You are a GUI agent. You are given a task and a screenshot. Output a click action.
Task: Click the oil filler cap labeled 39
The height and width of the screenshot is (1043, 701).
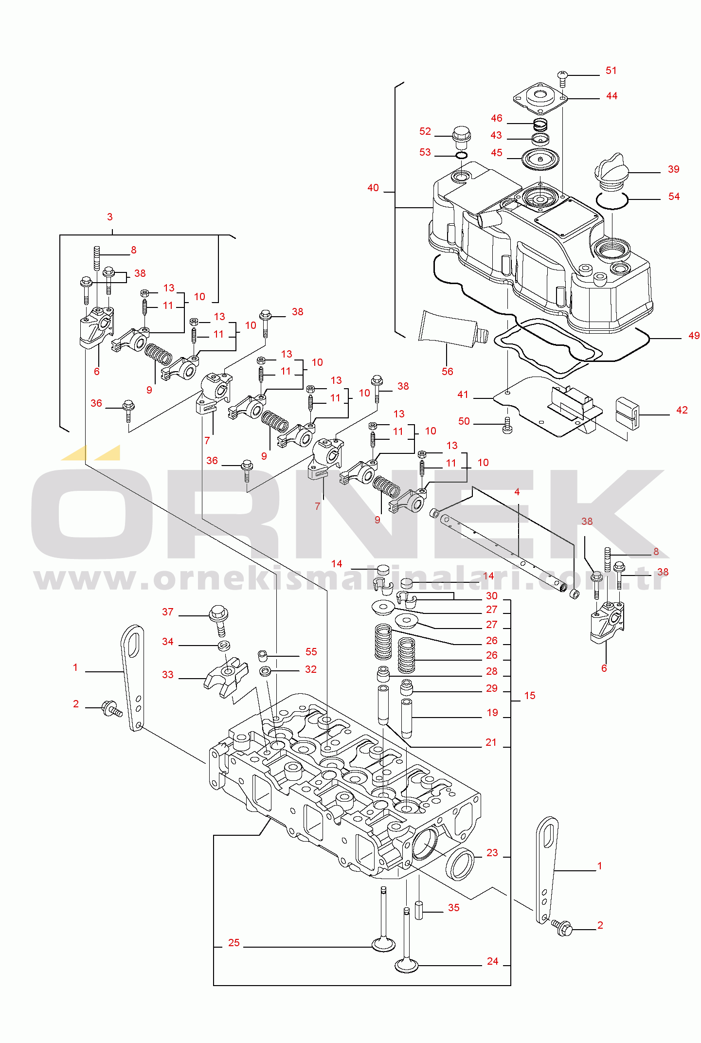pyautogui.click(x=611, y=173)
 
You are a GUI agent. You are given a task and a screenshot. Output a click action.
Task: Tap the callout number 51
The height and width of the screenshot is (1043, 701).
pyautogui.click(x=611, y=71)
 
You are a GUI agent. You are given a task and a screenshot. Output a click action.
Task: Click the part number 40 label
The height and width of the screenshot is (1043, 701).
pyautogui.click(x=373, y=188)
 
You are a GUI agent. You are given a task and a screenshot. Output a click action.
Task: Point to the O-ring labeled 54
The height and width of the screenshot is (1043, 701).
pyautogui.click(x=612, y=200)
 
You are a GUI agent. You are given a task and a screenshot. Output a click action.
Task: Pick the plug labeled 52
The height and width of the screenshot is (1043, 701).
pyautogui.click(x=462, y=138)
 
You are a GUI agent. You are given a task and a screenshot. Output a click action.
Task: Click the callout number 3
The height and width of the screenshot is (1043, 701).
pyautogui.click(x=110, y=217)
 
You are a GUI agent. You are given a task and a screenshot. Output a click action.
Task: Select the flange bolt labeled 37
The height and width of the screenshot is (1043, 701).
pyautogui.click(x=219, y=620)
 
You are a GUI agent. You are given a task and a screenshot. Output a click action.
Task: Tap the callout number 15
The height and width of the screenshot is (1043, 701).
pyautogui.click(x=530, y=696)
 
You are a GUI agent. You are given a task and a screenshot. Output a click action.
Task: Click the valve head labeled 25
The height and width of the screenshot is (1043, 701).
pyautogui.click(x=383, y=944)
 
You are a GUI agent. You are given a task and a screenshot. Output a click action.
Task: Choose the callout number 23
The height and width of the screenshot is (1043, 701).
pyautogui.click(x=492, y=853)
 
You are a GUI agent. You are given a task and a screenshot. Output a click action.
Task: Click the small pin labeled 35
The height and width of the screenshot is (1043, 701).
pyautogui.click(x=419, y=910)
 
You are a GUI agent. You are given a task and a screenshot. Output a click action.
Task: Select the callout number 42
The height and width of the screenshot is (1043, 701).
pyautogui.click(x=682, y=410)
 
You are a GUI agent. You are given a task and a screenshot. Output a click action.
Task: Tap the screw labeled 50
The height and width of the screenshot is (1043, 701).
pyautogui.click(x=507, y=425)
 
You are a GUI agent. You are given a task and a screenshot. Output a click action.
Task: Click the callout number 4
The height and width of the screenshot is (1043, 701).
pyautogui.click(x=517, y=492)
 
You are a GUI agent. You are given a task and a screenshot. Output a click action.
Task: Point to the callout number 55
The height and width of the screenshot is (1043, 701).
pyautogui.click(x=311, y=652)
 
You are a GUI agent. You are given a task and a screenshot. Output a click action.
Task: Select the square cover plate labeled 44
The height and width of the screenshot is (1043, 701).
pyautogui.click(x=540, y=96)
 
